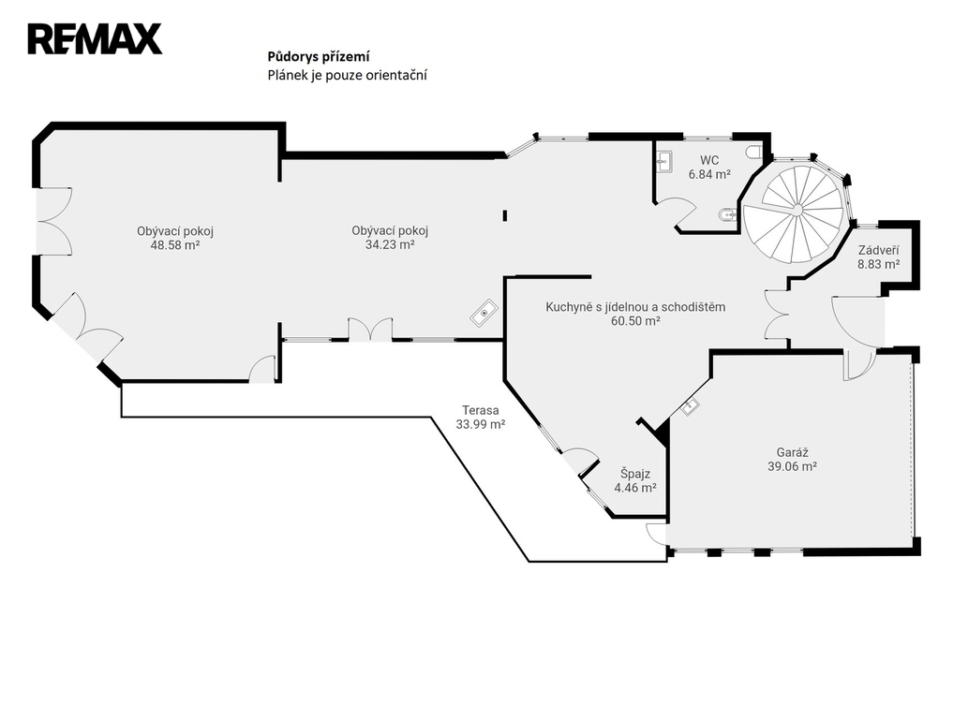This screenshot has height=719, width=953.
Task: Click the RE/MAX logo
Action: point(95,39)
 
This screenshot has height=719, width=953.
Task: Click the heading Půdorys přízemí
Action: point(319,56)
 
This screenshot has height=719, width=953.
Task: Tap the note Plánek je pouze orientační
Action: point(347,75)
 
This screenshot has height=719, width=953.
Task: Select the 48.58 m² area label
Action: point(175,245)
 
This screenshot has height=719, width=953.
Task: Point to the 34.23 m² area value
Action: point(390,244)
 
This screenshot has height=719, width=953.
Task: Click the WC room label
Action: point(709,160)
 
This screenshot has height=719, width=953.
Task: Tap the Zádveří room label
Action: point(878,250)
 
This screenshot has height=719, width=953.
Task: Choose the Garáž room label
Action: point(792,452)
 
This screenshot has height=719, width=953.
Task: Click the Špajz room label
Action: point(635,474)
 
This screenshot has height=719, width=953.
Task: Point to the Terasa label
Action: point(480,410)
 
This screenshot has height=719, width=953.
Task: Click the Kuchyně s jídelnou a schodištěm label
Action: point(635,307)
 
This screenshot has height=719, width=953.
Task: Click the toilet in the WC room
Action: point(753,152)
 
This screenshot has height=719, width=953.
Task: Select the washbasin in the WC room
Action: point(663,160)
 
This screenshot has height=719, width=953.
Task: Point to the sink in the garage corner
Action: point(691,405)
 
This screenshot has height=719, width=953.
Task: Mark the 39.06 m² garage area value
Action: point(792,467)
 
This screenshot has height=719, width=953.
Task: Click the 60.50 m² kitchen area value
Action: point(635,321)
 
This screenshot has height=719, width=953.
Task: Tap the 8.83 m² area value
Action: point(878,265)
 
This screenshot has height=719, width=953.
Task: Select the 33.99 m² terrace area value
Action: point(480,425)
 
